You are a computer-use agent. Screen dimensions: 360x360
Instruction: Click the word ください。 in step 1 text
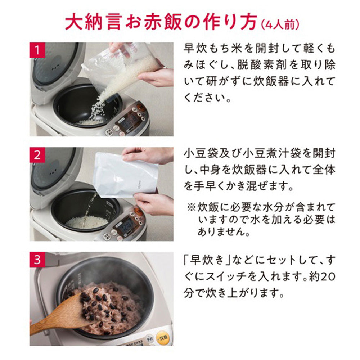pyautogui.click(x=207, y=97)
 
